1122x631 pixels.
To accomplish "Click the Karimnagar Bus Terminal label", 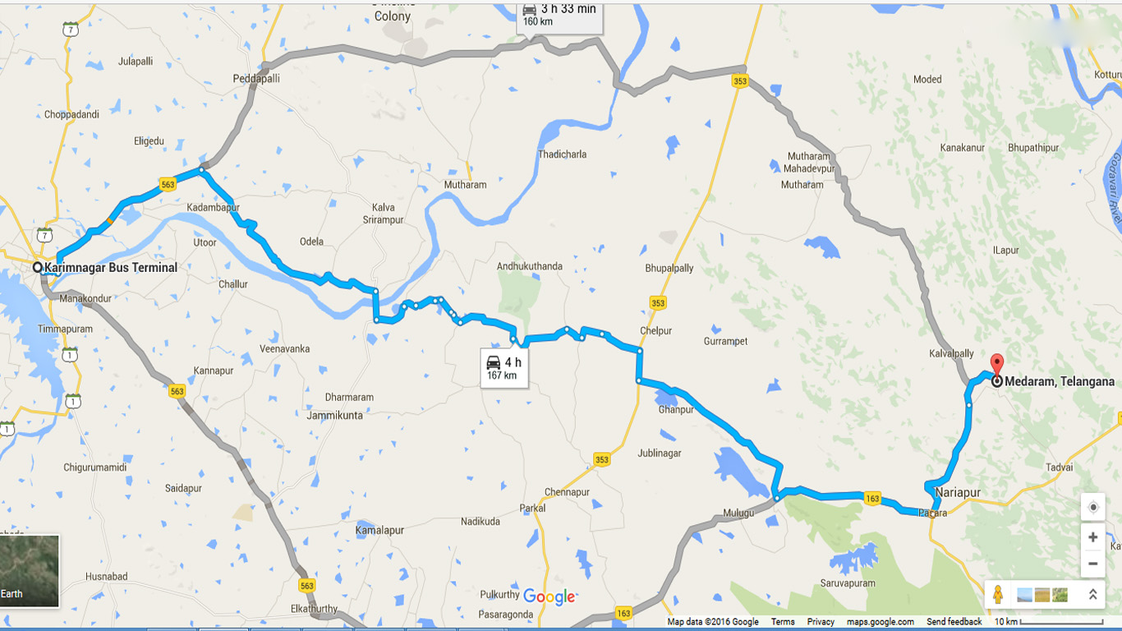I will (x=110, y=268).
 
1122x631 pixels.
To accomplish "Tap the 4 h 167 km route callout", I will (x=504, y=368).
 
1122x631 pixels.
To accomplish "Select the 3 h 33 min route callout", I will (x=559, y=15).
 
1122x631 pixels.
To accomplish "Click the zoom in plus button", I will (x=1092, y=537).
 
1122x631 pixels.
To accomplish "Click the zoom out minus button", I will (x=1092, y=564).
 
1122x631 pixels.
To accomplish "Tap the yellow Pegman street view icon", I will (x=998, y=594).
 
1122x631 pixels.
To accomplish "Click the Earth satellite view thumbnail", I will (x=30, y=571).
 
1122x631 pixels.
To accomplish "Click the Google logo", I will (x=549, y=597).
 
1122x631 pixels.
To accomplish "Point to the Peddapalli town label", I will (x=256, y=79).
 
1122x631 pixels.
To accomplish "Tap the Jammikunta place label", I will (x=334, y=416).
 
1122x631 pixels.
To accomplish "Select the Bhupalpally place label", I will (x=669, y=269).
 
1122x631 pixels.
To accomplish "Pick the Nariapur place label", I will (x=958, y=493).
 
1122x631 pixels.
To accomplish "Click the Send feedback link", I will (x=954, y=622).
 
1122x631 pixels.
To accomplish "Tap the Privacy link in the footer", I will (x=821, y=622).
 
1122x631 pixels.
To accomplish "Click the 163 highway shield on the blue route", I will (x=872, y=499).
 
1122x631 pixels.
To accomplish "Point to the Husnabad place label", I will (x=106, y=577).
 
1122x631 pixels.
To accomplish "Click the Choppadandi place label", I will (x=71, y=114).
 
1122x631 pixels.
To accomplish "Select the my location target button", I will (x=1092, y=508).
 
